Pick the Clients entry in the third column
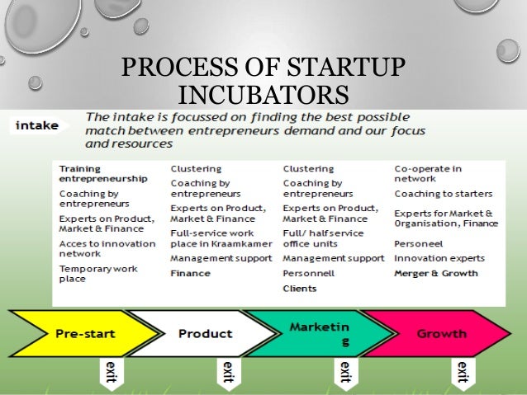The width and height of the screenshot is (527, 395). point(300,288)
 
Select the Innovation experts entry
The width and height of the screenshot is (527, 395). point(439,258)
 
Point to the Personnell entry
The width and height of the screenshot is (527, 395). point(308,273)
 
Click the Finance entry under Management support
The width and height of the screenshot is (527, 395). point(190,273)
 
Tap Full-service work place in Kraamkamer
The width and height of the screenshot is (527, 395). point(217,237)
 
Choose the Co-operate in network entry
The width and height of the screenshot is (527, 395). point(427,173)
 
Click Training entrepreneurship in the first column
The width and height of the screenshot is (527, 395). point(102,173)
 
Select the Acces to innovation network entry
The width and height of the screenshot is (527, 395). point(107,248)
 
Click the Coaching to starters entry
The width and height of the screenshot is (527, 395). point(443,194)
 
